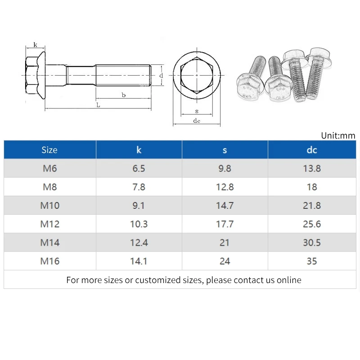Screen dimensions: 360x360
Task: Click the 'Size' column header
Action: tap(49, 150)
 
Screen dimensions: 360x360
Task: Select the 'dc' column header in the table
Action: tap(312, 150)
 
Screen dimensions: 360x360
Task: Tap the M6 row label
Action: tap(50, 168)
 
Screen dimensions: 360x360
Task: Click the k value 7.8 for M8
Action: tap(139, 187)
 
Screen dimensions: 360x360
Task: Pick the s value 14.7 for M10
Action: tap(225, 206)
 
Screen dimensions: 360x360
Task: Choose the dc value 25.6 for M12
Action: tap(312, 224)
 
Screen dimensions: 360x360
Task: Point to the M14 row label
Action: tap(50, 243)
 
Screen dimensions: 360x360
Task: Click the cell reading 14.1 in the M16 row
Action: tap(139, 261)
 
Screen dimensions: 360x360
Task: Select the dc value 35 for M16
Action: tap(312, 261)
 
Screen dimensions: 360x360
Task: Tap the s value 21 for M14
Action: tap(225, 243)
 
